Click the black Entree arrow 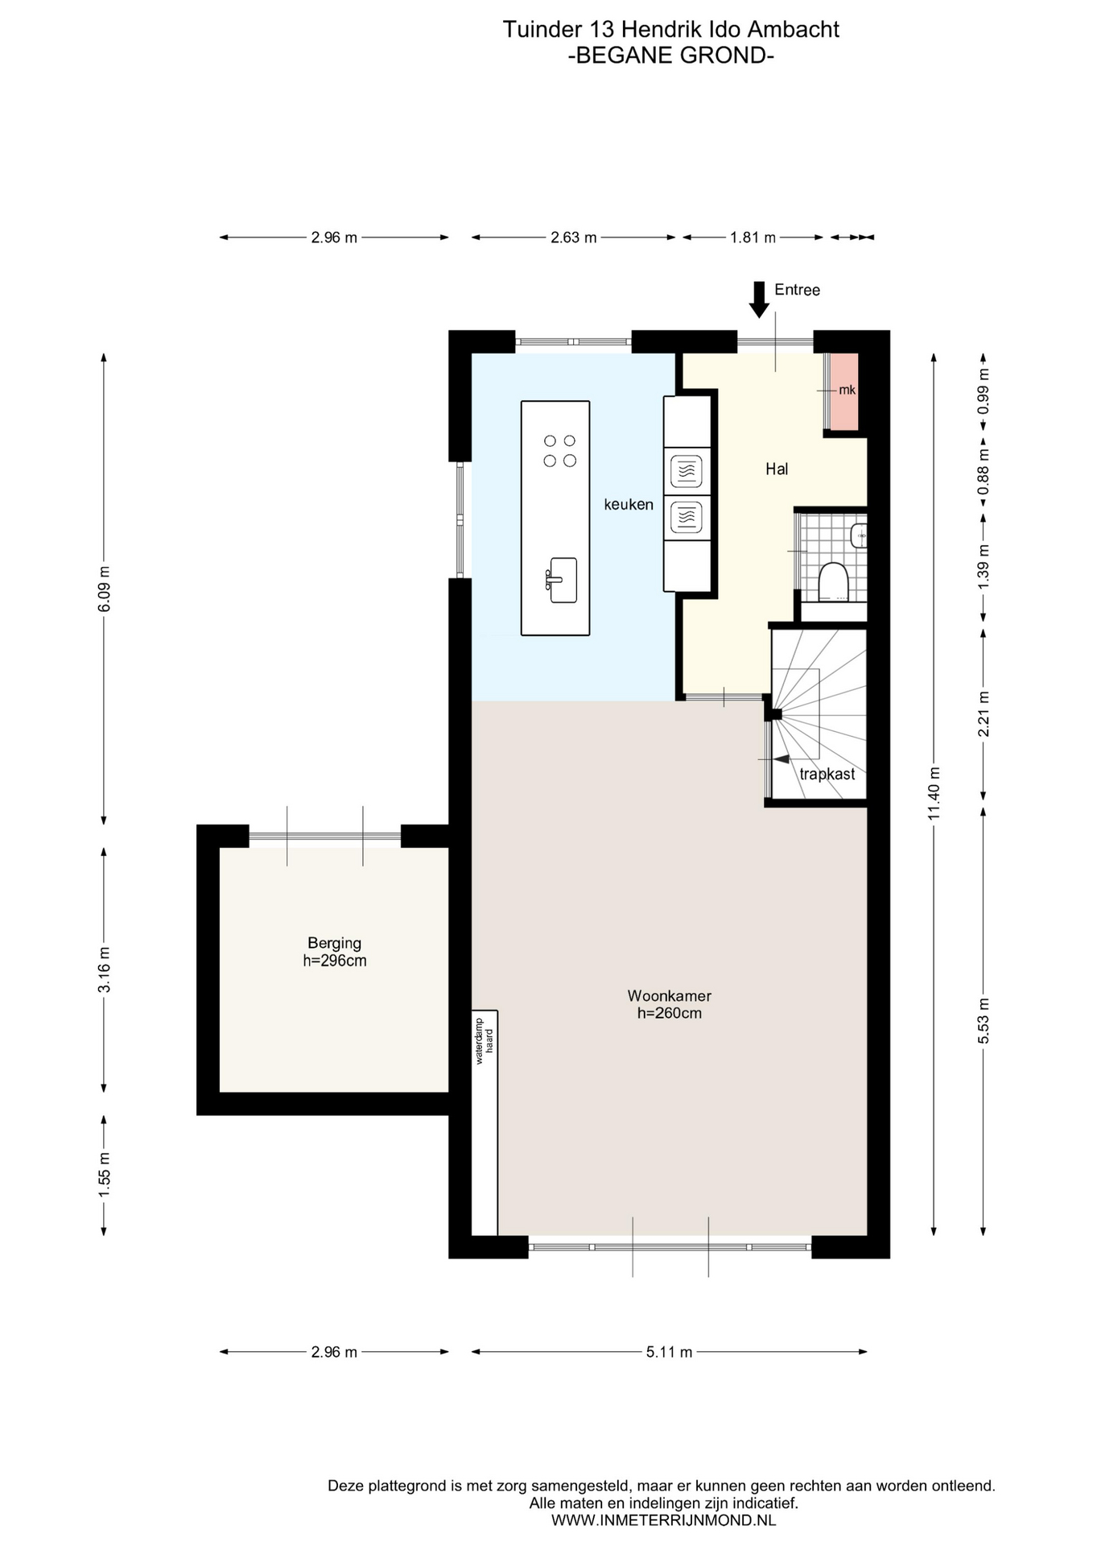[758, 300]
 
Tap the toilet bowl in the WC [834, 581]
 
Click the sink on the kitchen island [562, 579]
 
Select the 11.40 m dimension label [934, 793]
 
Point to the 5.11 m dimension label [669, 1352]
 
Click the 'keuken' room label [629, 504]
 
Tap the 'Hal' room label [777, 469]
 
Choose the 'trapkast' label [827, 774]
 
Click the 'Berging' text [334, 942]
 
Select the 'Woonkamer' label [669, 995]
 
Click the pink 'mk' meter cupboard [844, 391]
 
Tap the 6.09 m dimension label [104, 589]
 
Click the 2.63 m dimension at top [574, 238]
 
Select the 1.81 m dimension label [753, 238]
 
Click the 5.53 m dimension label [983, 1020]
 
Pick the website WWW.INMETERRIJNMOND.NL [663, 1520]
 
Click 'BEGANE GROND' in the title [671, 56]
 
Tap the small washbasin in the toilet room [860, 535]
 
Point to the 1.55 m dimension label [104, 1174]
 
